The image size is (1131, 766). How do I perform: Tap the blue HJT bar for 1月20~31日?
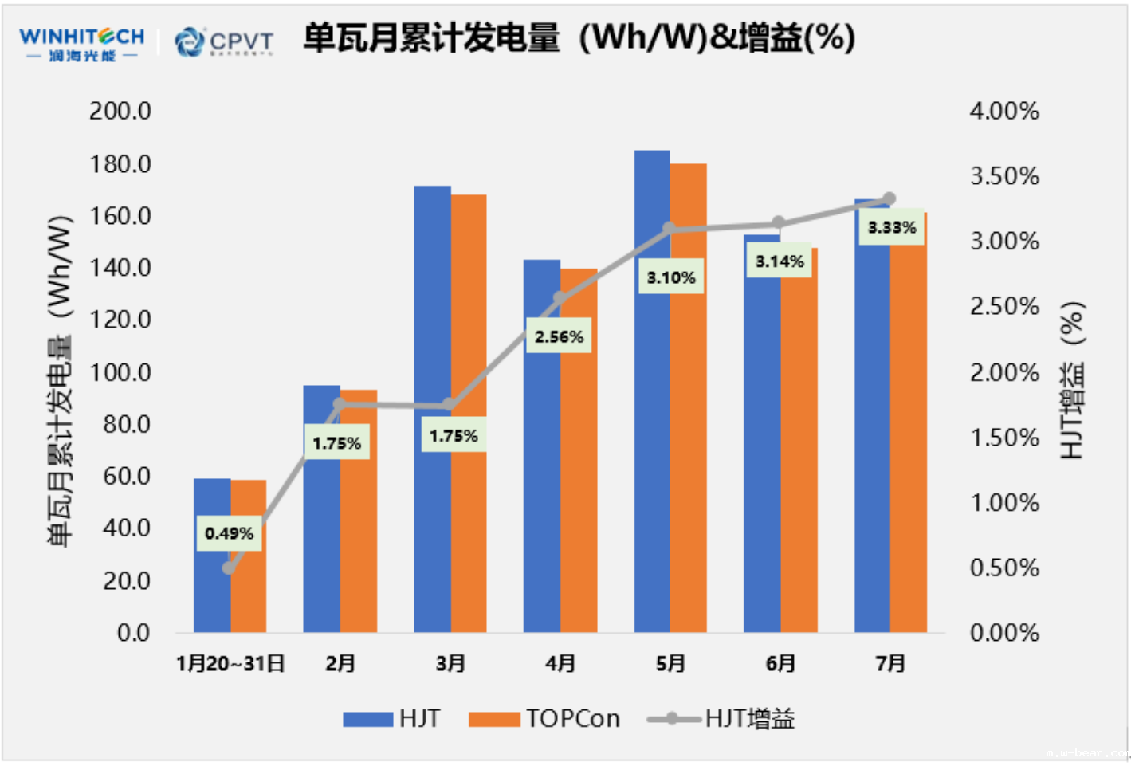(x=212, y=590)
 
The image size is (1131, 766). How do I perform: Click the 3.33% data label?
(x=892, y=228)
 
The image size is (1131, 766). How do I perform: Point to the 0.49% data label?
(x=229, y=533)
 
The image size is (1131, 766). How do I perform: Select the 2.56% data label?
(x=559, y=337)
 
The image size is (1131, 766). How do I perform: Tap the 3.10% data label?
(x=671, y=277)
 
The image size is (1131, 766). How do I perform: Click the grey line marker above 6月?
(x=779, y=223)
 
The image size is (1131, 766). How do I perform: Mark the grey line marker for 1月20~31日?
(x=230, y=568)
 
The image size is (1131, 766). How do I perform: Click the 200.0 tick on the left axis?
(x=120, y=111)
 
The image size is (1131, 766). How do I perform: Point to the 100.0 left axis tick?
(x=120, y=372)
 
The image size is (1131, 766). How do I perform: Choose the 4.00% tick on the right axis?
(x=1004, y=111)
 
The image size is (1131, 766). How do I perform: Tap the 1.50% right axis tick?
(x=1004, y=438)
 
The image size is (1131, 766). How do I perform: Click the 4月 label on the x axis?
(x=560, y=663)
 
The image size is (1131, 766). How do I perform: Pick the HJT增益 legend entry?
(x=721, y=719)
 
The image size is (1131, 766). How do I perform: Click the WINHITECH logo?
(x=81, y=44)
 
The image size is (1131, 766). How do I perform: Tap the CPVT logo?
(x=224, y=41)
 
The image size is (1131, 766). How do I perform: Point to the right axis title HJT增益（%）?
(x=1073, y=379)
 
